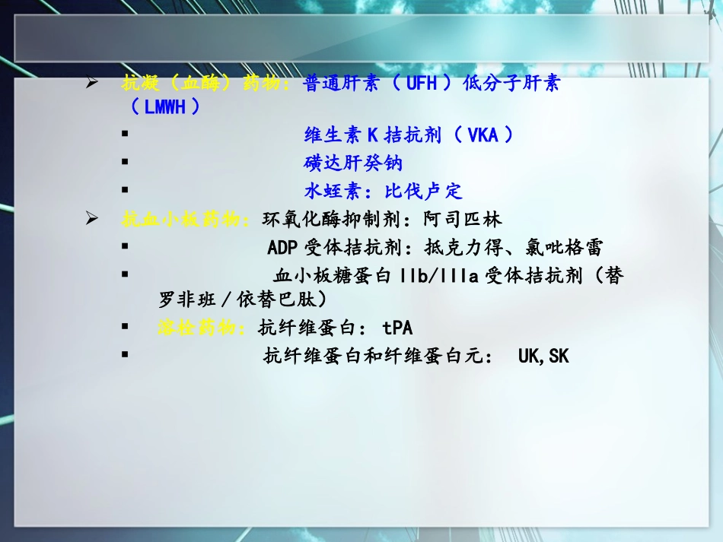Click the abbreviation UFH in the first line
(422, 84)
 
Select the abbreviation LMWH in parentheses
(165, 108)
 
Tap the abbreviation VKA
(483, 136)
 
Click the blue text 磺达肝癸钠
(353, 163)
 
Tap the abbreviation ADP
(283, 249)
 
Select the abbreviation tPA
(397, 328)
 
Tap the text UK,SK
(543, 356)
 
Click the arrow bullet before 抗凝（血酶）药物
(92, 83)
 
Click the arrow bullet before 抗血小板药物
(92, 220)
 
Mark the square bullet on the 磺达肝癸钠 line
(124, 162)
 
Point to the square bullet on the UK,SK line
(124, 354)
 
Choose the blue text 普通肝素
(341, 84)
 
